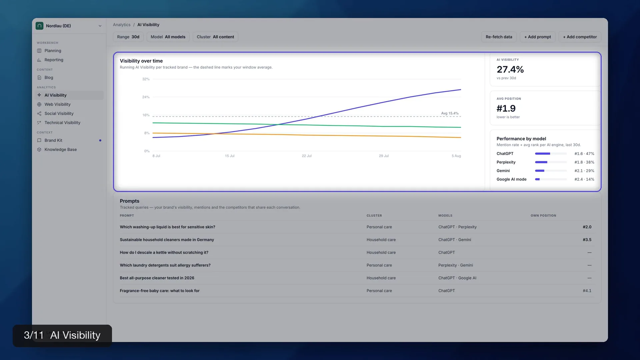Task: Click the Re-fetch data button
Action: tap(499, 37)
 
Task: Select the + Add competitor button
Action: tap(580, 37)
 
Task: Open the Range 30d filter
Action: tap(128, 37)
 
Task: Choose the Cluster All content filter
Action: tap(215, 37)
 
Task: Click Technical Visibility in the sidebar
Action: tap(62, 123)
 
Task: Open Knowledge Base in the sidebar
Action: tap(61, 150)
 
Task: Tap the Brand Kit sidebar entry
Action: tap(53, 140)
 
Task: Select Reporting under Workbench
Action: tap(54, 60)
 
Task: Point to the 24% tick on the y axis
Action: tap(146, 97)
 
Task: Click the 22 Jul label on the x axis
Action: tap(307, 156)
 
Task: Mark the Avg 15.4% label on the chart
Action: tap(450, 113)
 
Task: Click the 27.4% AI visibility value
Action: tap(510, 69)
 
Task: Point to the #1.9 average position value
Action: tap(506, 108)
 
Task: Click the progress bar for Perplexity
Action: tap(551, 162)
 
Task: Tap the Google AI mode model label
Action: tap(511, 179)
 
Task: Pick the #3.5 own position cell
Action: tap(587, 240)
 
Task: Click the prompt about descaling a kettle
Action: tap(164, 253)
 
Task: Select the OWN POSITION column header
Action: tap(543, 216)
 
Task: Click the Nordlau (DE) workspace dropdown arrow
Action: tap(100, 26)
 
